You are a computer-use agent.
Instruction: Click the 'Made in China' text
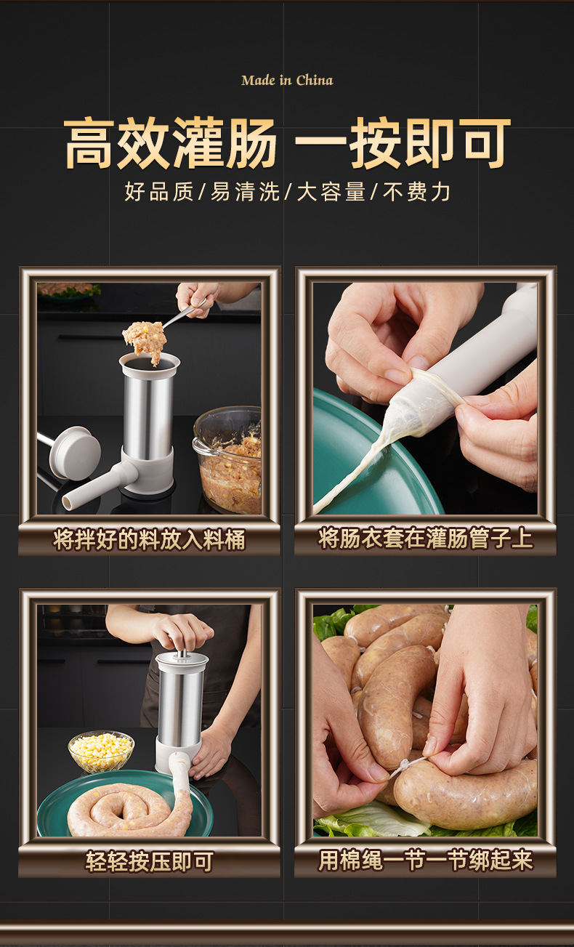coord(287,80)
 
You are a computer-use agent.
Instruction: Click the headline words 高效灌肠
coord(171,143)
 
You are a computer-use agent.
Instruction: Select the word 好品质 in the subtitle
coord(158,192)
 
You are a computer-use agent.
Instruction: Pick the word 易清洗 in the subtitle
coord(245,192)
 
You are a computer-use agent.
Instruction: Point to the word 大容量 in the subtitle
coord(331,192)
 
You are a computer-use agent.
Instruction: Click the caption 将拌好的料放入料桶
coord(149,539)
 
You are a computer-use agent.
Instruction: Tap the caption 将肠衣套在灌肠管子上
coord(425,539)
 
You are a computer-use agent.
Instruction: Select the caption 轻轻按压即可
coord(149,861)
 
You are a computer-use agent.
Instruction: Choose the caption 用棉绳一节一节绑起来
coord(425,861)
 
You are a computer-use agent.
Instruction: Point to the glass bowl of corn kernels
coord(101,751)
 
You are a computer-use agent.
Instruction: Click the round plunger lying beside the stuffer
coord(74,451)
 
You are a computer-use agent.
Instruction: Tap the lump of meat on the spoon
coord(145,339)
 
